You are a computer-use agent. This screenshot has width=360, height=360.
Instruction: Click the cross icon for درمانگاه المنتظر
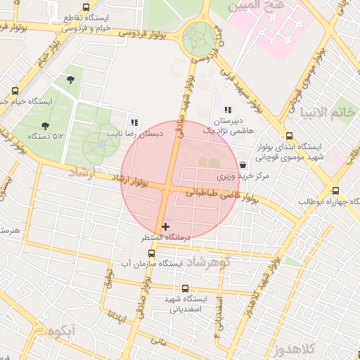pyautogui.click(x=165, y=226)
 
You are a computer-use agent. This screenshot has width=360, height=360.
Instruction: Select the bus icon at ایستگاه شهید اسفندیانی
pyautogui.click(x=186, y=288)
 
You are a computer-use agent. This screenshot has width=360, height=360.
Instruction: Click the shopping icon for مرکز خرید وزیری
pyautogui.click(x=243, y=165)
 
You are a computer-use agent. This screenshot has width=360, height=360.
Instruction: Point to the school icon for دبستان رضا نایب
pyautogui.click(x=135, y=122)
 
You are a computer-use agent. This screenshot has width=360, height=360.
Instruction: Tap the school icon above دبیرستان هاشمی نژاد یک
pyautogui.click(x=228, y=110)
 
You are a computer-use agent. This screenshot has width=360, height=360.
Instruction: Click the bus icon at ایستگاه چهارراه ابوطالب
pyautogui.click(x=335, y=191)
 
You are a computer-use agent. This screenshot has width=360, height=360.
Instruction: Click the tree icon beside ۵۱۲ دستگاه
pyautogui.click(x=45, y=126)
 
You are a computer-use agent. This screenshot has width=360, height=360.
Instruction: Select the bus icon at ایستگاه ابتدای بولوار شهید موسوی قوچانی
pyautogui.click(x=289, y=136)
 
